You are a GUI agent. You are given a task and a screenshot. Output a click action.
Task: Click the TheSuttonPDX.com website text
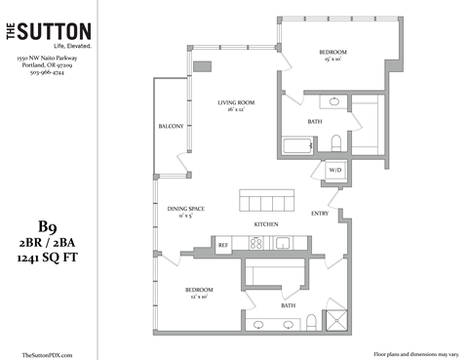tap(46, 354)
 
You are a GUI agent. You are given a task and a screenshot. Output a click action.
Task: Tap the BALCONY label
tap(172, 127)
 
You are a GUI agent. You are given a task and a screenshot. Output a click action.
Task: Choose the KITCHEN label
tap(267, 224)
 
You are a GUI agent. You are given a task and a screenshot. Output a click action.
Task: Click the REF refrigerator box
tap(223, 245)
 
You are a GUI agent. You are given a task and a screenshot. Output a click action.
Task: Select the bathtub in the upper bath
tap(297, 147)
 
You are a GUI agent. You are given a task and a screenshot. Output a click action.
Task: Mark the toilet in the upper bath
tap(335, 143)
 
